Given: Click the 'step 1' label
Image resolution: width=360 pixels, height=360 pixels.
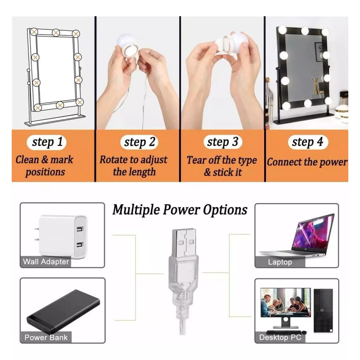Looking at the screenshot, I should [x=47, y=143].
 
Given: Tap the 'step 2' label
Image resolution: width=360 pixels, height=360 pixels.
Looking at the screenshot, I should [x=140, y=143].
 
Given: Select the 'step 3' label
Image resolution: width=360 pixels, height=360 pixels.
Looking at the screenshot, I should [x=222, y=143].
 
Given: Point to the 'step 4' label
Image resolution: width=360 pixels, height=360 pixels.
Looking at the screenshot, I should [x=307, y=143].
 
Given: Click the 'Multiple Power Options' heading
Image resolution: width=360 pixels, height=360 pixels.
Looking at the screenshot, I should [x=180, y=210].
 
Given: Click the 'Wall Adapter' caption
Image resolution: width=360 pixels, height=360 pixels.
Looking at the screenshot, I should [x=46, y=261].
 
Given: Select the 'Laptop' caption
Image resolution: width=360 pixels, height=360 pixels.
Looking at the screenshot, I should [x=280, y=261].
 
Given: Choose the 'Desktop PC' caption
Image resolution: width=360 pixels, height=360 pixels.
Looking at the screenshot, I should [x=280, y=337].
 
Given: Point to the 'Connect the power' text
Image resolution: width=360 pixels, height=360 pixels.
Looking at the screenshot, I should [x=307, y=162].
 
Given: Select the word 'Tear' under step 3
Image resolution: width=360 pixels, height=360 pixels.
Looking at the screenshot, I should [x=196, y=160].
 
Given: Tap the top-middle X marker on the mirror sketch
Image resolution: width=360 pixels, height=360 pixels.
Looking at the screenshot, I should [x=56, y=33].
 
